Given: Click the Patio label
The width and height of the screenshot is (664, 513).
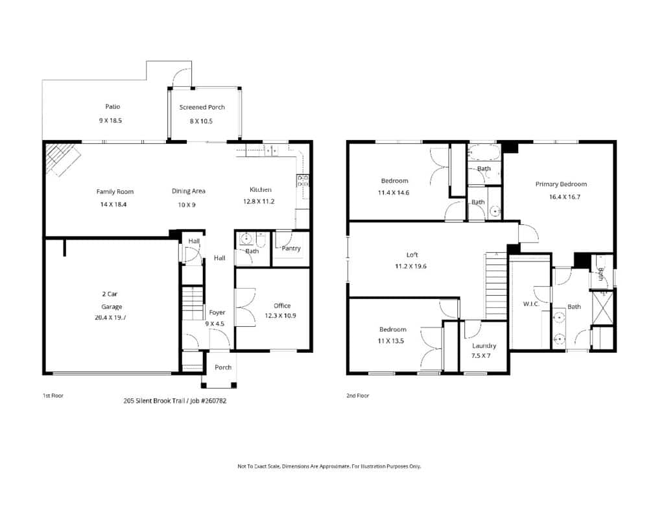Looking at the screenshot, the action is click(x=113, y=107).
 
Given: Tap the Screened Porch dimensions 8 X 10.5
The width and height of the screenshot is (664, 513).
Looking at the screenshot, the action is click(x=201, y=121).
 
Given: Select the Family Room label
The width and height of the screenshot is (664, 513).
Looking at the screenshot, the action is click(x=115, y=192).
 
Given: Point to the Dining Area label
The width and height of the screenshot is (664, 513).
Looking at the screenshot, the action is click(x=189, y=191).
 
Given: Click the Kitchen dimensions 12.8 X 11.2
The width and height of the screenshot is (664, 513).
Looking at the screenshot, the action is click(x=259, y=202).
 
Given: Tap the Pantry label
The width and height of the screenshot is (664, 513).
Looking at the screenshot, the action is click(x=291, y=248).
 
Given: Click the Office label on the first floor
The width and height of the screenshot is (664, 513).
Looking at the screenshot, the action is click(x=282, y=305).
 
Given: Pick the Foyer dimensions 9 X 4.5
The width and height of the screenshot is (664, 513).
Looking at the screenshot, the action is click(x=215, y=324).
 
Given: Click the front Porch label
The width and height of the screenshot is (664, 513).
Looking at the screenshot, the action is click(x=223, y=367).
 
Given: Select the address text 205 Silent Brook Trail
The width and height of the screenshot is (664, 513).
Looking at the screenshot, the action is click(x=153, y=401).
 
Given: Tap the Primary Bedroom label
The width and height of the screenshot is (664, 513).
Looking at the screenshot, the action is click(x=561, y=184).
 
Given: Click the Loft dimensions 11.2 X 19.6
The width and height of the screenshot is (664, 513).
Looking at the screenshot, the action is click(x=410, y=267).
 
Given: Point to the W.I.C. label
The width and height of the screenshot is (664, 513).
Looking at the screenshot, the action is click(x=531, y=304).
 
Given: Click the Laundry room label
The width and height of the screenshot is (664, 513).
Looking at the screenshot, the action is click(x=484, y=346).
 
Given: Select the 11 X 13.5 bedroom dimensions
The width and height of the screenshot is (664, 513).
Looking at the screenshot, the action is click(x=390, y=341).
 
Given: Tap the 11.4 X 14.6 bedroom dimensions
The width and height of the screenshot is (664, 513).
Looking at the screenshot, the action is click(x=394, y=193).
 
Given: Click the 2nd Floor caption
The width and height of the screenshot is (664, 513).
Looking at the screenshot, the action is click(x=357, y=396).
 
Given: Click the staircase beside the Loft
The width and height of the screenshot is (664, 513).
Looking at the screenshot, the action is click(x=496, y=285).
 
